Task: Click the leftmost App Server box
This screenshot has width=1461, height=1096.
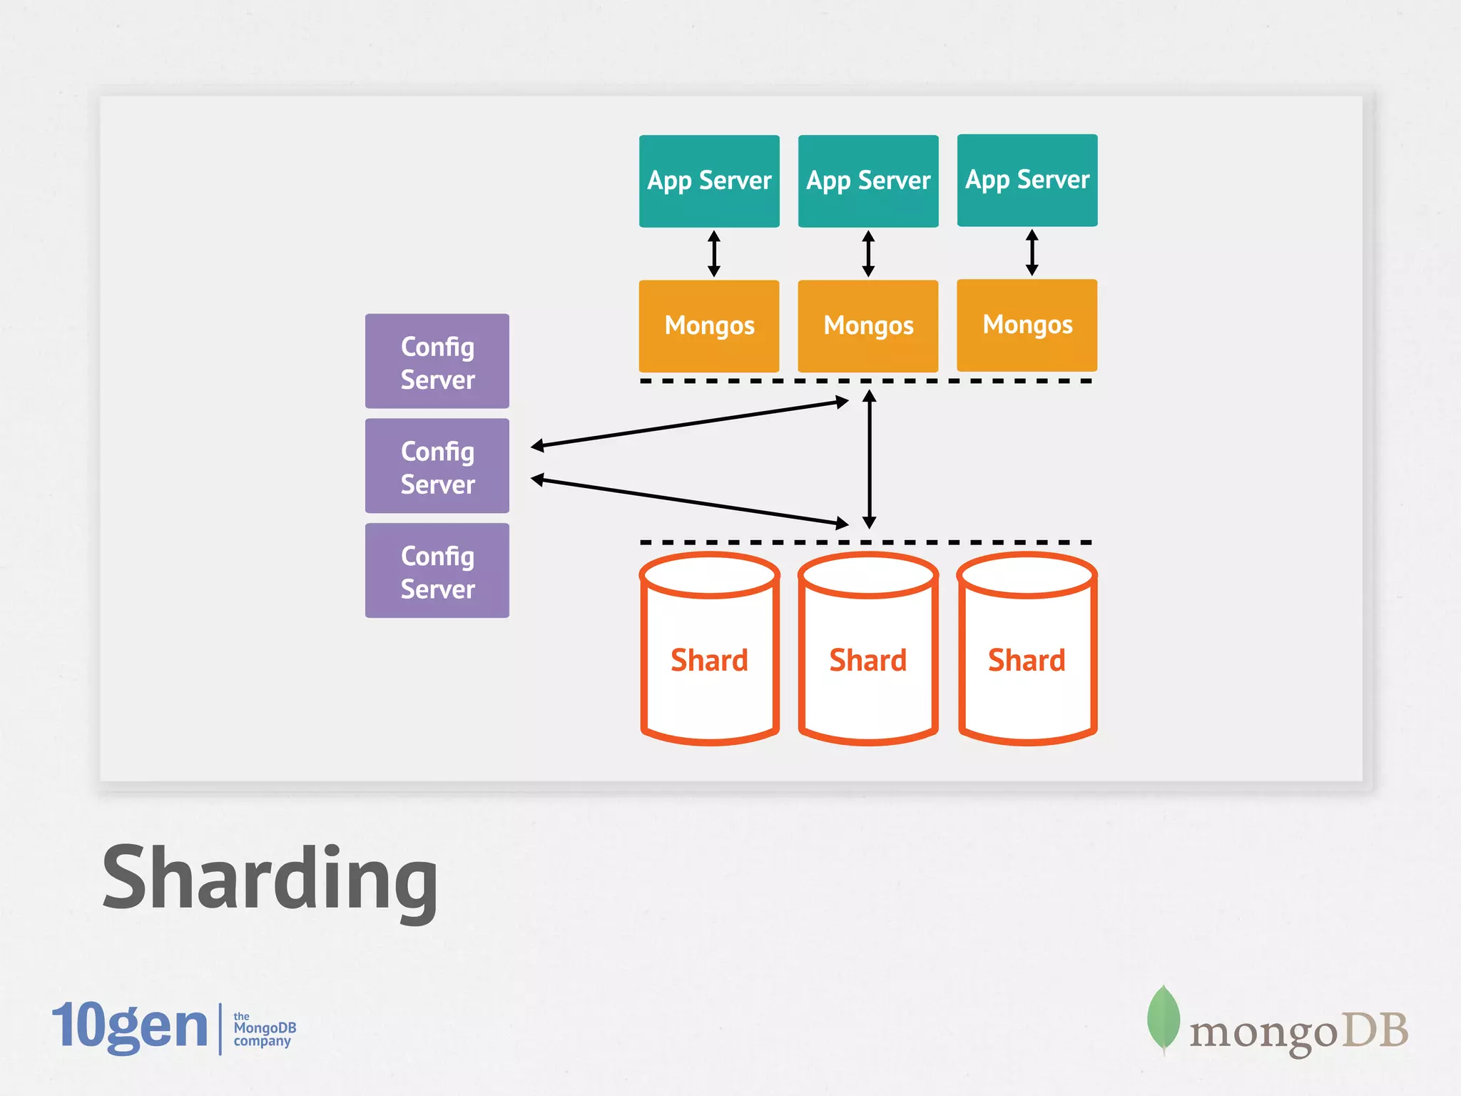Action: click(709, 181)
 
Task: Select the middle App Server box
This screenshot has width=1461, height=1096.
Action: click(868, 181)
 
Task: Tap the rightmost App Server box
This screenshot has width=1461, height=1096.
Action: click(1027, 181)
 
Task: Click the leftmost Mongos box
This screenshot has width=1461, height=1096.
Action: click(709, 326)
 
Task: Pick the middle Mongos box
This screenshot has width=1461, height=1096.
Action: click(868, 326)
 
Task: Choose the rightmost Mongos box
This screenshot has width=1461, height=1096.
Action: click(1027, 325)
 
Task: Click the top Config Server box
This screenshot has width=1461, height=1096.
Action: click(437, 361)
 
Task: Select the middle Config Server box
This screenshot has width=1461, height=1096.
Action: click(437, 466)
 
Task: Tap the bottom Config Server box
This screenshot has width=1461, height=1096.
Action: click(437, 571)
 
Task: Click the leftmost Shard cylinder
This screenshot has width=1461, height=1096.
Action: click(709, 660)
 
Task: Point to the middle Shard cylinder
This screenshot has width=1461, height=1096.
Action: click(868, 660)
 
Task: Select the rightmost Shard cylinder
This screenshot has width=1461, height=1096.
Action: click(1027, 660)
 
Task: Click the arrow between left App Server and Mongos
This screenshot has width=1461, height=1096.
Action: click(714, 253)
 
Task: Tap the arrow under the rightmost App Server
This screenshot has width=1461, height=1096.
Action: click(1032, 253)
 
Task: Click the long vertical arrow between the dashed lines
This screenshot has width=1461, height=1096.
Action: click(869, 460)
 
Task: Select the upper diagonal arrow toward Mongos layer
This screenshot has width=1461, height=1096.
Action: click(689, 425)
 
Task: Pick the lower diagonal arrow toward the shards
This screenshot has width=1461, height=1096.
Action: click(689, 502)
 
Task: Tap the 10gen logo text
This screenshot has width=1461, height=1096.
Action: click(130, 1026)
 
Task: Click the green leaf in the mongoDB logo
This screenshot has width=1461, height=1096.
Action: click(1163, 1018)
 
